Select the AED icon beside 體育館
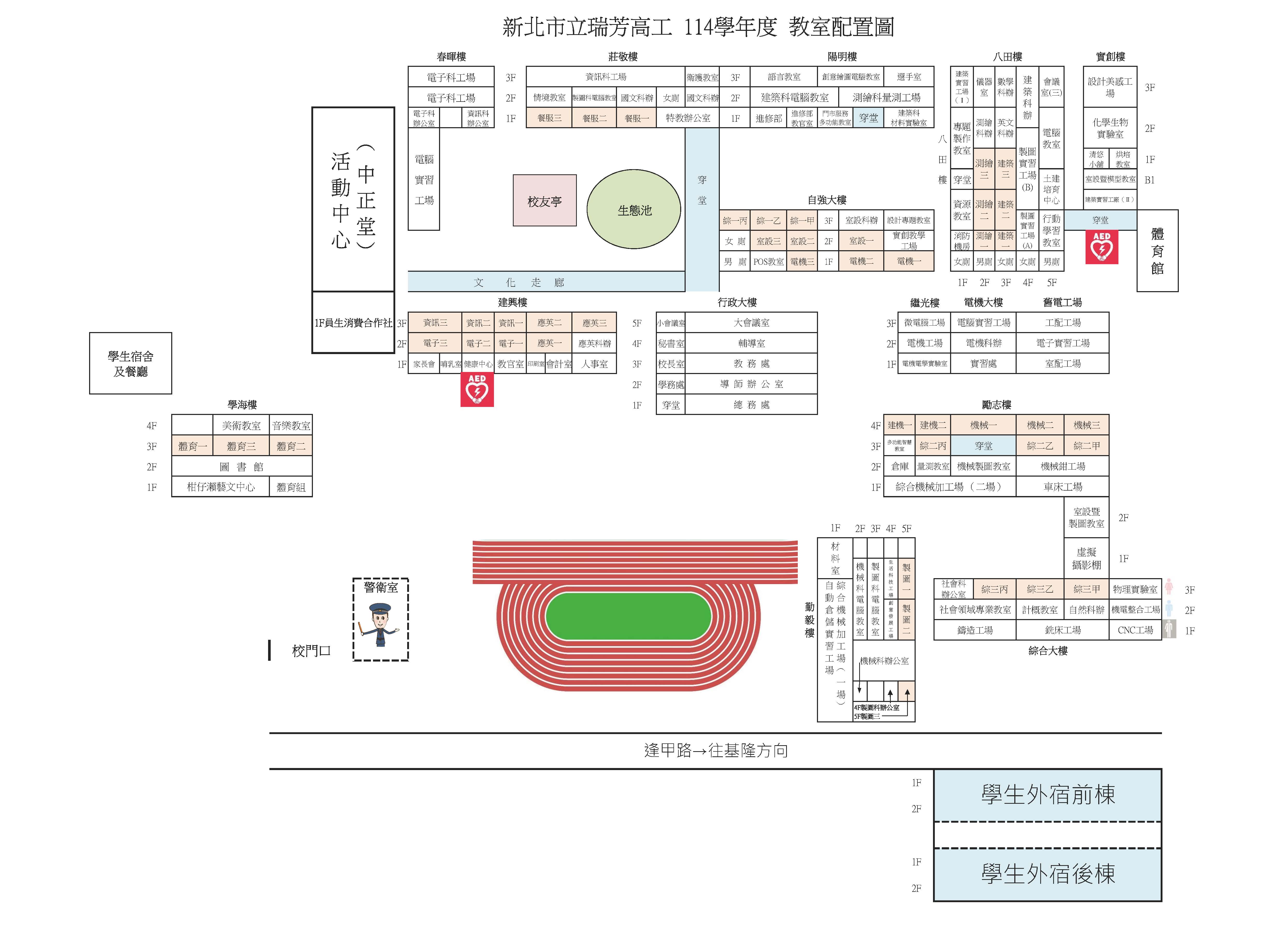pyautogui.click(x=1101, y=247)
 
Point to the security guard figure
pyautogui.click(x=380, y=625)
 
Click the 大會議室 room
pyautogui.click(x=751, y=322)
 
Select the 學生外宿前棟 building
pyautogui.click(x=1047, y=795)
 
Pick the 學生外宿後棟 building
pyautogui.click(x=1047, y=874)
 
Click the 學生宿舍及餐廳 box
pyautogui.click(x=130, y=363)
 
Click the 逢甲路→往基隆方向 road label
pyautogui.click(x=716, y=751)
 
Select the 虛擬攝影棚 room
pyautogui.click(x=1086, y=558)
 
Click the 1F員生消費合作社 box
pyautogui.click(x=353, y=322)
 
